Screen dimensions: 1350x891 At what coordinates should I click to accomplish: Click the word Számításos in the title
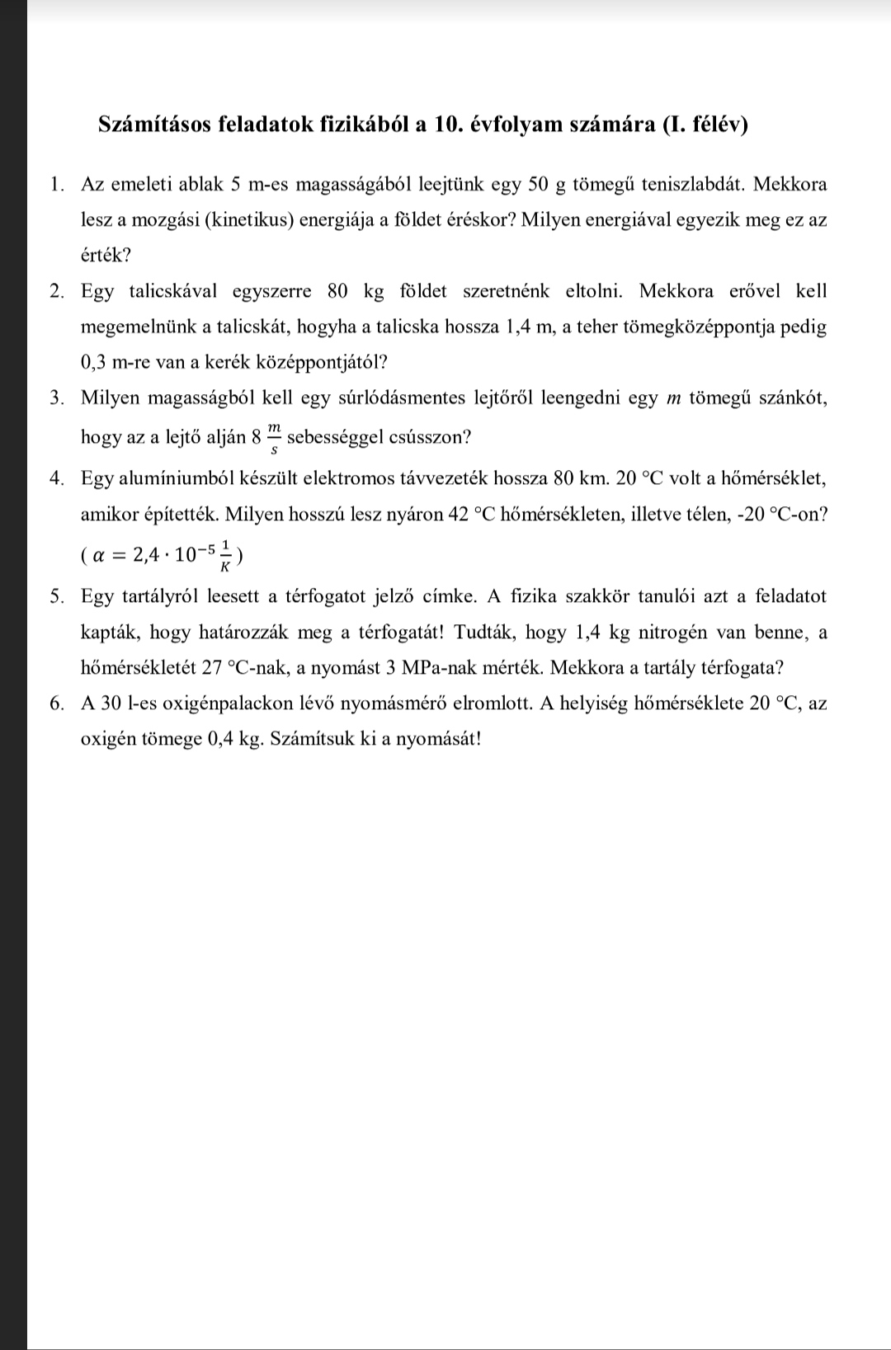(152, 125)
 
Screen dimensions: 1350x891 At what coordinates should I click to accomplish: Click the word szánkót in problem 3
(790, 397)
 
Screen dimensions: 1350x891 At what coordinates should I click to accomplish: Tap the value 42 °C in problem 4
(470, 515)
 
